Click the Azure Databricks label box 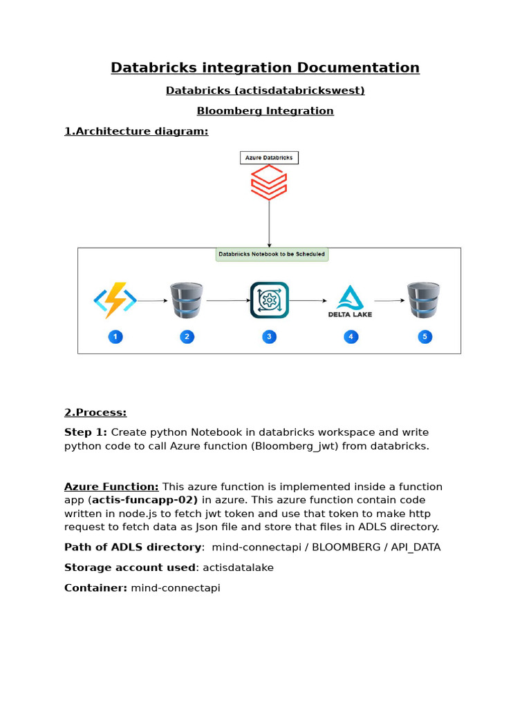(269, 157)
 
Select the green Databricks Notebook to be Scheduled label (272, 254)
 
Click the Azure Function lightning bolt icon (115, 300)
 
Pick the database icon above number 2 (187, 300)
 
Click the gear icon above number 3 (269, 300)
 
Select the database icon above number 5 (423, 300)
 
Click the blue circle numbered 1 (115, 337)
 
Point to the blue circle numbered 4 (351, 337)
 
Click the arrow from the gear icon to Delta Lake (308, 301)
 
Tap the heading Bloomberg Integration (265, 111)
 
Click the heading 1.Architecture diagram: (136, 131)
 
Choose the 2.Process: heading (95, 412)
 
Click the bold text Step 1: (86, 432)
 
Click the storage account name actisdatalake (238, 568)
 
